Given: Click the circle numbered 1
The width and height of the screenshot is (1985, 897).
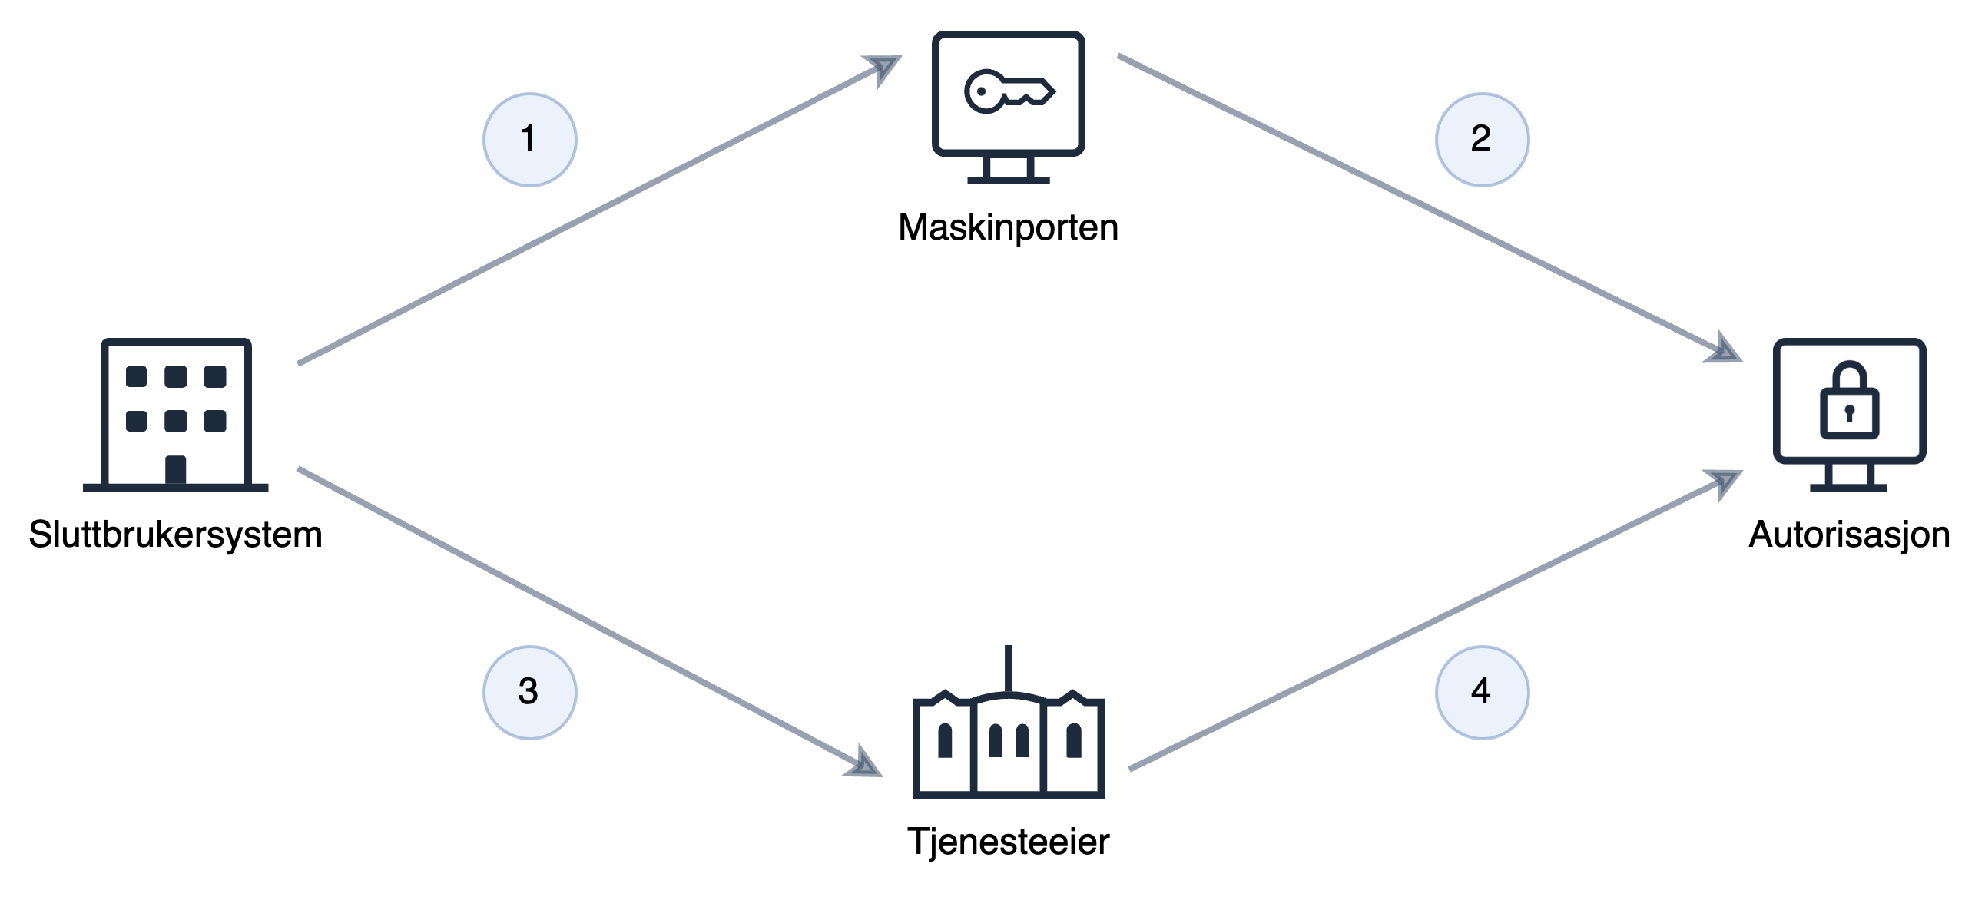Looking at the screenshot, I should pyautogui.click(x=529, y=140).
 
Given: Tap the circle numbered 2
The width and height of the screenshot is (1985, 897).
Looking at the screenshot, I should pyautogui.click(x=1481, y=140).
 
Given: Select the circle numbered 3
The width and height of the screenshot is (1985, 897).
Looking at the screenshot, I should pyautogui.click(x=529, y=691).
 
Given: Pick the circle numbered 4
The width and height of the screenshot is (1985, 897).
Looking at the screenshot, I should pyautogui.click(x=1481, y=691).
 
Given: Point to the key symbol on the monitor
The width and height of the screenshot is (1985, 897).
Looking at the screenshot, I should pyautogui.click(x=1008, y=91).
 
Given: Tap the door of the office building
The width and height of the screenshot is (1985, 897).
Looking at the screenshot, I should pyautogui.click(x=176, y=469).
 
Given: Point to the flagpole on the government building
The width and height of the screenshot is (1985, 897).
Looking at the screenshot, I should pyautogui.click(x=1008, y=667).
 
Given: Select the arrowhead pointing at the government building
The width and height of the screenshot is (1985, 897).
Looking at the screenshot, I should pyautogui.click(x=866, y=766).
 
